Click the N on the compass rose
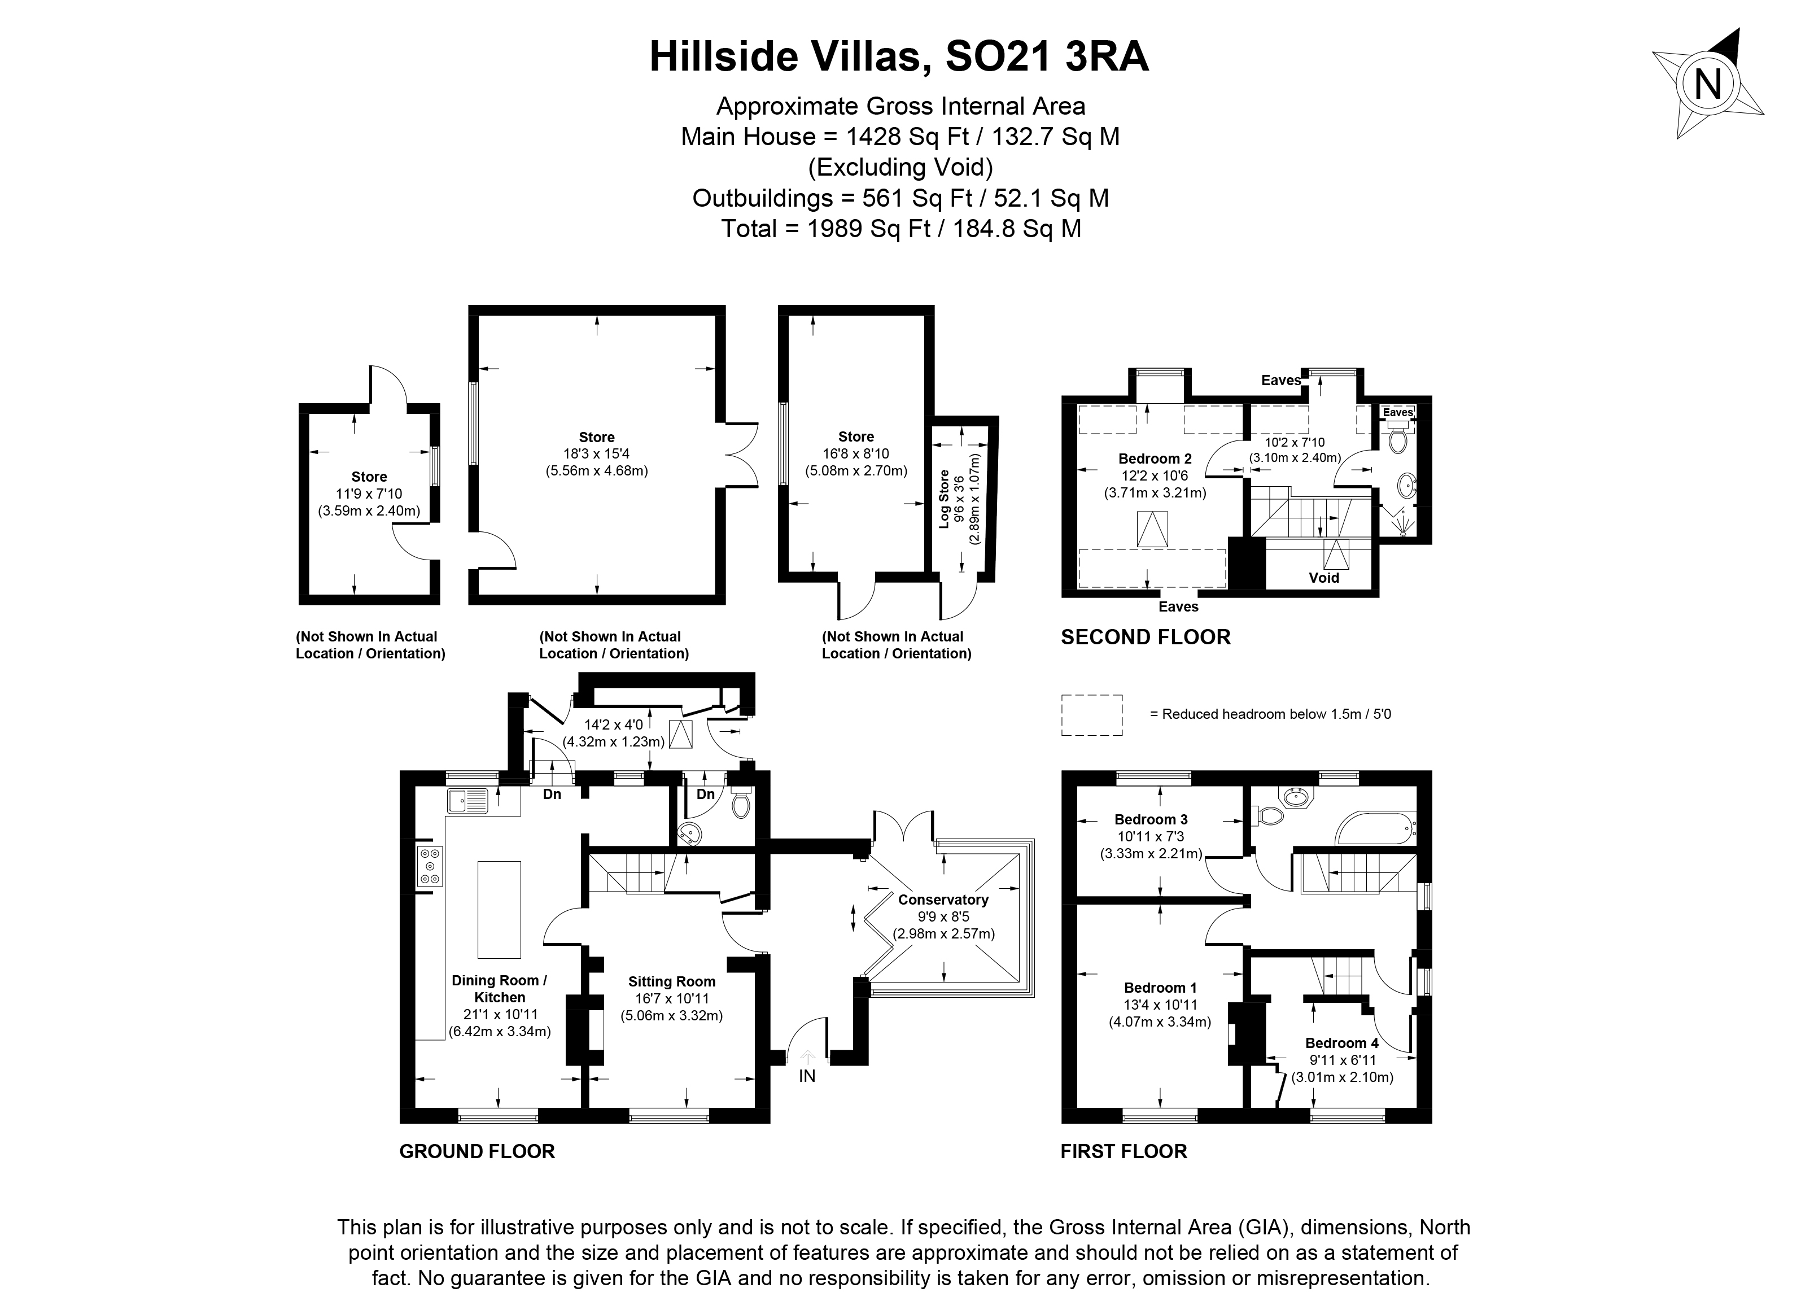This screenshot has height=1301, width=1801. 1708,84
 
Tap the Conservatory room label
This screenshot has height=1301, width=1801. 943,900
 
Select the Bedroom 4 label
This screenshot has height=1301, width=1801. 1341,1043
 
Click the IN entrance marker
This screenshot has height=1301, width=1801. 807,1076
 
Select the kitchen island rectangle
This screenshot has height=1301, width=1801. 499,910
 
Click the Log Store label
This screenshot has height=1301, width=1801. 944,499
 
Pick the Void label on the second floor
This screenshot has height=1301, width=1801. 1324,578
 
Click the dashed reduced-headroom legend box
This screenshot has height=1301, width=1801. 1092,715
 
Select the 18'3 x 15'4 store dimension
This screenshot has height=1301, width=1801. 596,453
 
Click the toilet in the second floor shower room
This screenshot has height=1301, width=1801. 1397,439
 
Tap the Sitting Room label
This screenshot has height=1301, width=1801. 671,982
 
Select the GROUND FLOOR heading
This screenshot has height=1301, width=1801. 477,1152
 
